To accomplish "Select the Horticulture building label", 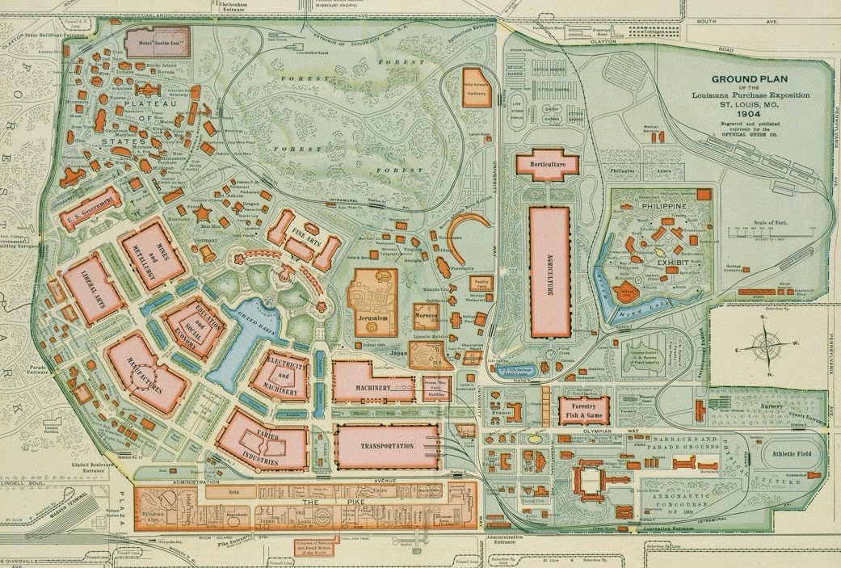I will click(x=550, y=164).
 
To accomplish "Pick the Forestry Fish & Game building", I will click(x=584, y=410).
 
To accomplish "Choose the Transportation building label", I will click(x=386, y=447).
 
